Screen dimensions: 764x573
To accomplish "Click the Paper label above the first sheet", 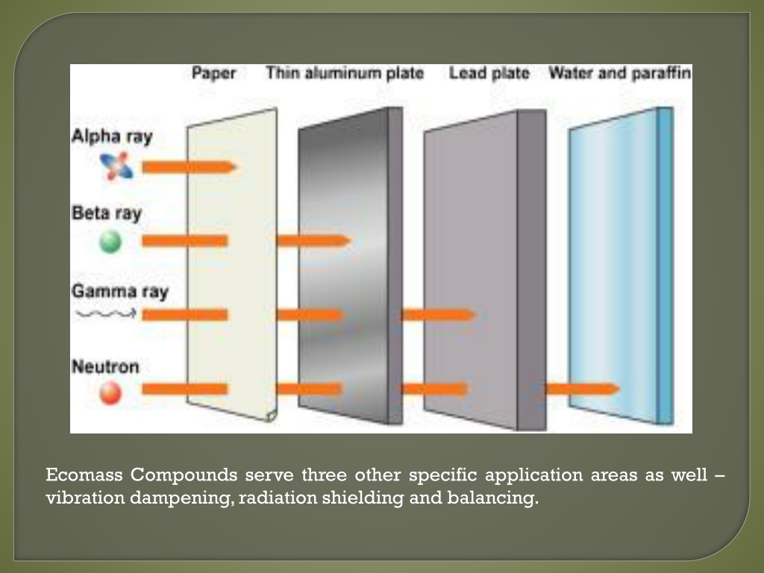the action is [x=213, y=73].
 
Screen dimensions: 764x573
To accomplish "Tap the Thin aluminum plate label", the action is [x=345, y=73].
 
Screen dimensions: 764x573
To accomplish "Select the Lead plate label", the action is [x=489, y=73].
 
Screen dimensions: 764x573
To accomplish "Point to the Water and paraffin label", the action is [x=620, y=73].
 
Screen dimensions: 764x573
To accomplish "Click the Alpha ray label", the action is [x=112, y=137].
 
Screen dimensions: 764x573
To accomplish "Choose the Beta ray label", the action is [x=107, y=213].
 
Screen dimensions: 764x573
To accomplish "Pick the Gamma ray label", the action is [x=120, y=292].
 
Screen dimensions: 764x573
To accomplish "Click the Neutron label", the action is [x=105, y=366].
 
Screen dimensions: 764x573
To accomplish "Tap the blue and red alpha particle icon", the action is [x=116, y=166].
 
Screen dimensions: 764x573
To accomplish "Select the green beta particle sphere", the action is [x=110, y=242].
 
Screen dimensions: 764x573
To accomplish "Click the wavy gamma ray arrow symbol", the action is [x=106, y=314].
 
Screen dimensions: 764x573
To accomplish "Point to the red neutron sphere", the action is [x=110, y=392].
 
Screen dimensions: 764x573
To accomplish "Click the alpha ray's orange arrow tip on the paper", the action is [x=236, y=167].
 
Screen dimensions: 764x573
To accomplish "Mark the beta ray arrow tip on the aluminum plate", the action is [x=349, y=241].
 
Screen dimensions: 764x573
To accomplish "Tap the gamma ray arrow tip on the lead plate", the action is [x=474, y=315].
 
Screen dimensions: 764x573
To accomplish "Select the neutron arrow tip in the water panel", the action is [x=618, y=389].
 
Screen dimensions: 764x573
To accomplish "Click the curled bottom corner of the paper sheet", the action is [x=272, y=416].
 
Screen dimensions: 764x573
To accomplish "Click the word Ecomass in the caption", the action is [x=84, y=475].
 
